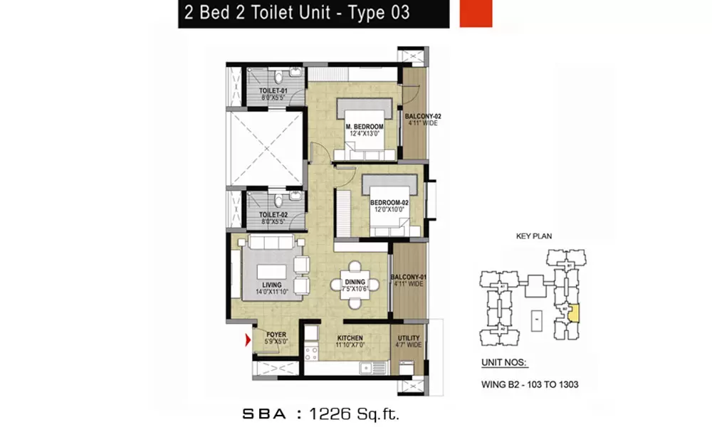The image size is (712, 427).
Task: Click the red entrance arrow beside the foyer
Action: [x=248, y=342]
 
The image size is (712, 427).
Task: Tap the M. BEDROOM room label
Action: [x=364, y=127]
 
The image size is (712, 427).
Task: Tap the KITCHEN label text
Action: [x=350, y=338]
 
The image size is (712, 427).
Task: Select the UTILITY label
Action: [x=409, y=339]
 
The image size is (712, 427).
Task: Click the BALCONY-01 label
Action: [x=408, y=278]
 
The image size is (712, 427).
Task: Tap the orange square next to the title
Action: [x=476, y=14]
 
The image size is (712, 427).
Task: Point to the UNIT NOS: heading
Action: [x=504, y=362]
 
